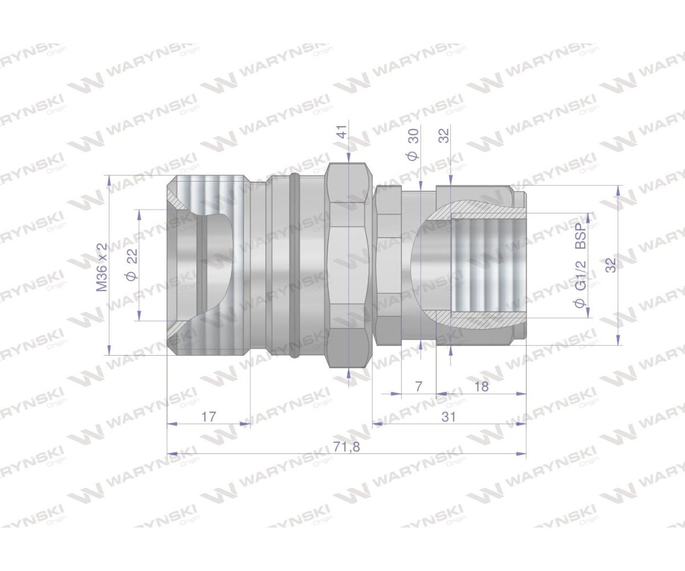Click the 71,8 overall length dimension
click(346, 447)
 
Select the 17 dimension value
click(209, 417)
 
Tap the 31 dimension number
click(449, 417)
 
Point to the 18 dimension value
click(481, 387)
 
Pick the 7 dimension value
click(418, 387)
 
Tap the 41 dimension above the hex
click(341, 135)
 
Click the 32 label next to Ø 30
click(445, 135)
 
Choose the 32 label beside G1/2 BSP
click(610, 265)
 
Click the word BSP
click(580, 236)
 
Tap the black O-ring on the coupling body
click(294, 266)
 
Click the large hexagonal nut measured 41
click(348, 266)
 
